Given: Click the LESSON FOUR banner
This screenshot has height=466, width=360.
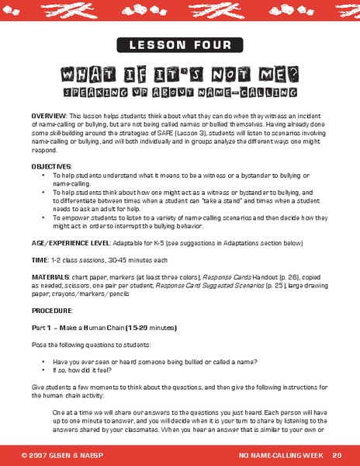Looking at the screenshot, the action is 180,44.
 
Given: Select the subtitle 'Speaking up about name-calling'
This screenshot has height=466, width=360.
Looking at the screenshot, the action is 180,92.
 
